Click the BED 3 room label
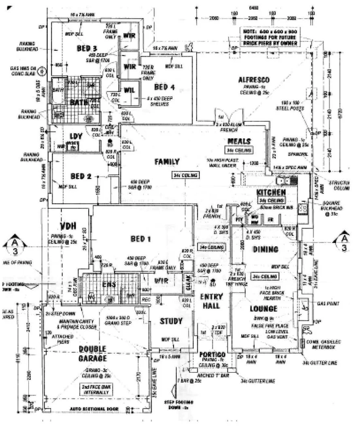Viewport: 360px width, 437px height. (87, 49)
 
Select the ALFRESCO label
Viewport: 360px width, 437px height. (254, 80)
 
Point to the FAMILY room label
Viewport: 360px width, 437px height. (167, 162)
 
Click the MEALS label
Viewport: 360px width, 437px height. (239, 141)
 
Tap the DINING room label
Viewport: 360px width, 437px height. (265, 250)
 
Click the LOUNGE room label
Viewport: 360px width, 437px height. (263, 309)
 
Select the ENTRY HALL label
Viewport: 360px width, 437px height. (210, 301)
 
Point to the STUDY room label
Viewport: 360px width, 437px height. (171, 321)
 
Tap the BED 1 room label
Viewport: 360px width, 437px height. (140, 239)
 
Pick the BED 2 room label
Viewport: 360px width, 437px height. (83, 176)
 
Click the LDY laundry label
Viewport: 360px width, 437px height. (76, 136)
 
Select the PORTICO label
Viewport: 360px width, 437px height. (212, 355)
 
